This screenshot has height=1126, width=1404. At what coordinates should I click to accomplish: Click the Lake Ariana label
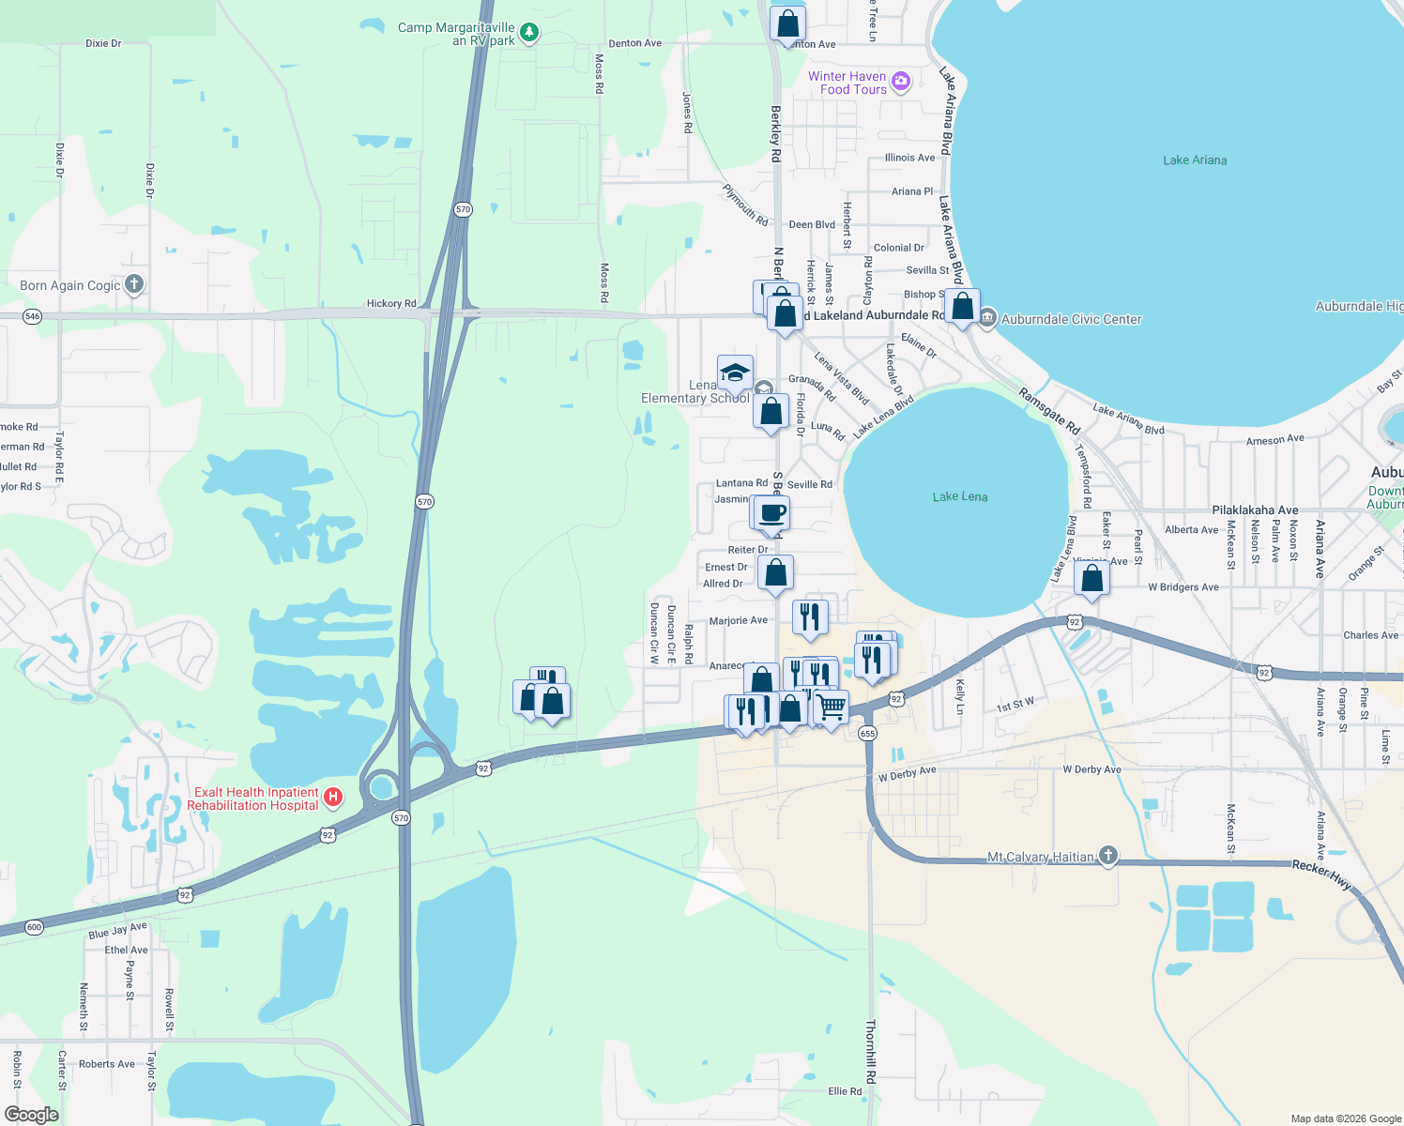pos(1195,160)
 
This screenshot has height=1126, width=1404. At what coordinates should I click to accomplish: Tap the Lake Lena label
pos(959,496)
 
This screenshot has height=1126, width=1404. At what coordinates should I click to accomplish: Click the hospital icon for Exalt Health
pos(332,799)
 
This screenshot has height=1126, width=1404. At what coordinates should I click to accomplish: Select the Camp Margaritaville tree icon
pos(529,33)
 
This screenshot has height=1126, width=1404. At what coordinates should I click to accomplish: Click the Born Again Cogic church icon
pos(134,284)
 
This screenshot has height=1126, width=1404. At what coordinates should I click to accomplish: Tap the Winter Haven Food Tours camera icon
pos(901,82)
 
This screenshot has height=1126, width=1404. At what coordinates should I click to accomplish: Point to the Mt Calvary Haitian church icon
pos(1108,856)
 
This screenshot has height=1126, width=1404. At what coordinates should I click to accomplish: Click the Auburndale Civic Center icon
pos(986,319)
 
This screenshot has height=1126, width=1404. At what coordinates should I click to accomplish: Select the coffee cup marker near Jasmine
pos(772,513)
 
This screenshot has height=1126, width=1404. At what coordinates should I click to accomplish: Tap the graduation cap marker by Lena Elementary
pos(735,373)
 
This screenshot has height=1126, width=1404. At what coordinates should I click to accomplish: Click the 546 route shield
pos(33,316)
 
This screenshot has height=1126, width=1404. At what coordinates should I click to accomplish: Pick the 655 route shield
pos(867,734)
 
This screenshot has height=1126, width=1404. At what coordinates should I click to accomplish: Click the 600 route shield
pos(34,927)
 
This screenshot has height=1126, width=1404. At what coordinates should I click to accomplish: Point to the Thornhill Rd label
pos(870,1051)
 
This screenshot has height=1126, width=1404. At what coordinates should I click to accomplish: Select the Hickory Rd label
pos(391,304)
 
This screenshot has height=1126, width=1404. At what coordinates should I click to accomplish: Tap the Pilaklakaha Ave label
pos(1255,510)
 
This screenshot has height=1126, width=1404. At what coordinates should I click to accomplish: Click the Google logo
pos(32,1114)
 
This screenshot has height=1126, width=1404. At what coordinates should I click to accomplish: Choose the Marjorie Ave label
pos(739,621)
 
